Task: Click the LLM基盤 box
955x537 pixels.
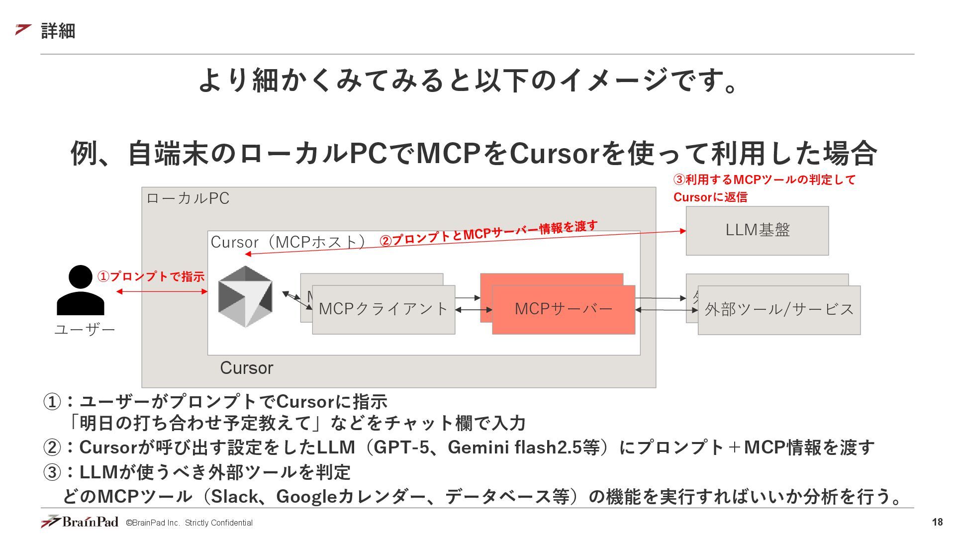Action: pyautogui.click(x=757, y=231)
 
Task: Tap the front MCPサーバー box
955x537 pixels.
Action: pyautogui.click(x=563, y=309)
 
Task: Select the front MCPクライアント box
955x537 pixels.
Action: pyautogui.click(x=383, y=309)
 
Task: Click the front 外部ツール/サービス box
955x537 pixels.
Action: pyautogui.click(x=779, y=310)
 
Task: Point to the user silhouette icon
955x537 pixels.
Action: pyautogui.click(x=81, y=290)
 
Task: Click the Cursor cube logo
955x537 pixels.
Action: pyautogui.click(x=245, y=296)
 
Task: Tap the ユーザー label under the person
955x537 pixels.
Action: pyautogui.click(x=85, y=330)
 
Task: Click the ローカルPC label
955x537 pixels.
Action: pyautogui.click(x=188, y=198)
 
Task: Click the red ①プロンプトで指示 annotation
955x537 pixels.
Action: pyautogui.click(x=151, y=276)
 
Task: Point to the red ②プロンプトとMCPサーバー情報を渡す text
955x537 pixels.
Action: pyautogui.click(x=488, y=233)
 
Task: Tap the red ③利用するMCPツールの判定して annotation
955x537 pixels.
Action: pyautogui.click(x=764, y=180)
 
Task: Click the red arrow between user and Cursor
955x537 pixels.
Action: pyautogui.click(x=162, y=291)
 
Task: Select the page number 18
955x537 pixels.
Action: pyautogui.click(x=937, y=522)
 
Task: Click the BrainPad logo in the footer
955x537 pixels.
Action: pyautogui.click(x=80, y=522)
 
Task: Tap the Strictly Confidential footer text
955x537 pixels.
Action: pyautogui.click(x=218, y=523)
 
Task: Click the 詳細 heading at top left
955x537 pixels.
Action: pyautogui.click(x=58, y=31)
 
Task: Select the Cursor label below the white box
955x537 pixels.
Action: pyautogui.click(x=247, y=368)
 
